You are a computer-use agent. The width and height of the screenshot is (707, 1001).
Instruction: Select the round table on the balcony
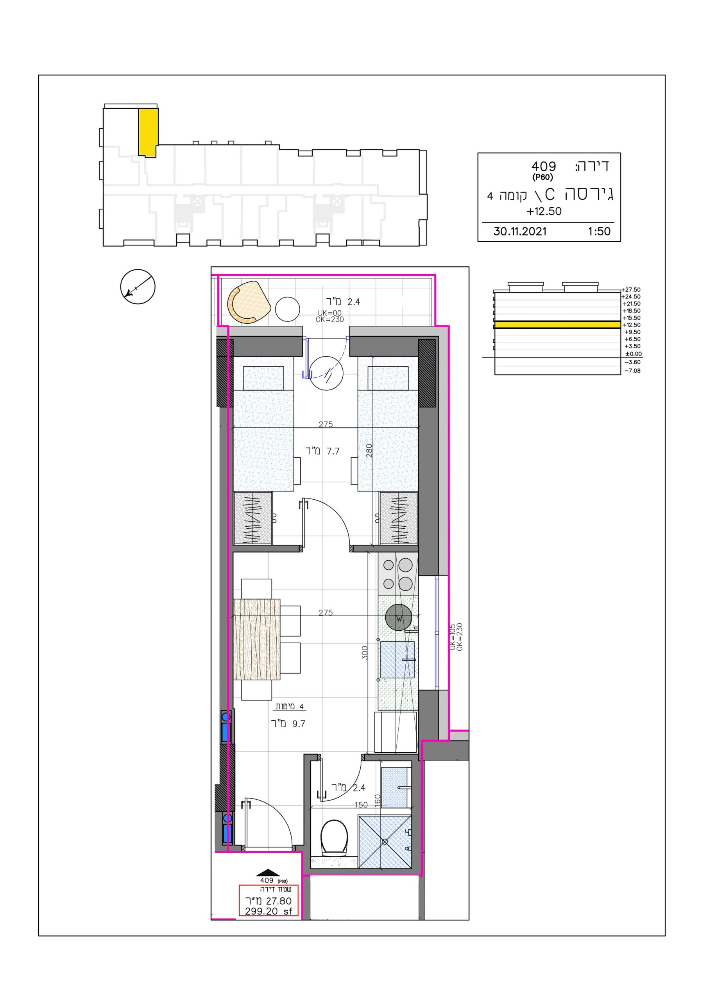click(x=288, y=309)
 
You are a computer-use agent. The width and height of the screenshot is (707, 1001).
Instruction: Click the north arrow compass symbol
click(x=138, y=287)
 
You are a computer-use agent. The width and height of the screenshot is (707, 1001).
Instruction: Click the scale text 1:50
click(x=599, y=231)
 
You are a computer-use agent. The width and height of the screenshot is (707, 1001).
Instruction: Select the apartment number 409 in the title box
click(x=544, y=166)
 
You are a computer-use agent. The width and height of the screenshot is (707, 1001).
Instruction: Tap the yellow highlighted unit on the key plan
click(x=148, y=133)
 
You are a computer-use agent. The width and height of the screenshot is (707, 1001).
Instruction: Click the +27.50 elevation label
click(x=631, y=289)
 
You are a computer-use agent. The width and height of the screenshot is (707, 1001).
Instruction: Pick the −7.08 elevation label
click(x=632, y=371)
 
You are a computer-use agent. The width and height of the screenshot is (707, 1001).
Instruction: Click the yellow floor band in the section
click(x=557, y=325)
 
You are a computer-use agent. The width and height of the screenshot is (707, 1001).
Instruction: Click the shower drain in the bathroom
click(x=385, y=842)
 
